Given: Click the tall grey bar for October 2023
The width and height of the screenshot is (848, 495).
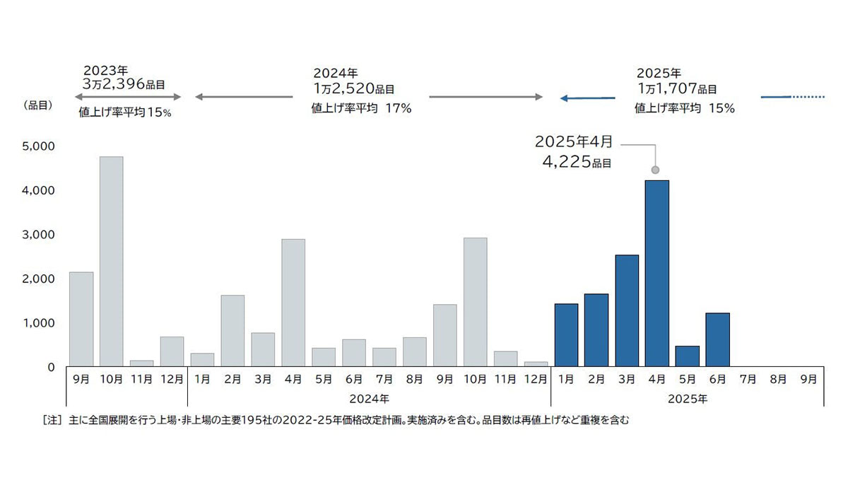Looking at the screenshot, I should tap(111, 262).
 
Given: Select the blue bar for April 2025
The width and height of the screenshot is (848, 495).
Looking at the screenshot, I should tap(656, 274).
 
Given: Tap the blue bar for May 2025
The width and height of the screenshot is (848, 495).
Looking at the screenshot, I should tap(687, 356).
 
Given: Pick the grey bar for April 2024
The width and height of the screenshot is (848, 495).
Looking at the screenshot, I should tap(293, 303).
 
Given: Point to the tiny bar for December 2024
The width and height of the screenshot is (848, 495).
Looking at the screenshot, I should tap(536, 364).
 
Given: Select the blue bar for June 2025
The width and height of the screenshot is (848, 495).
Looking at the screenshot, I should tap(717, 340).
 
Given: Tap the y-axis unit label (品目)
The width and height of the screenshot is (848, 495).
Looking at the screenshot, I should tap(40, 105).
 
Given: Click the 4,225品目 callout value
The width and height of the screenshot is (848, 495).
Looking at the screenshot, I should tap(576, 161).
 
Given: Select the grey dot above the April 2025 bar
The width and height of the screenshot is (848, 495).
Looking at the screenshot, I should tap(655, 170).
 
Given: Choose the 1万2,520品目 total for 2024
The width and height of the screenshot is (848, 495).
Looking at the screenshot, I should tap(353, 89).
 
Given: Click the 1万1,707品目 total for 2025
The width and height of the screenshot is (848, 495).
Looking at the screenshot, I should tap(676, 89).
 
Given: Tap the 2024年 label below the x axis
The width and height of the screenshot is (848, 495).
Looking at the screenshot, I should tap(369, 399).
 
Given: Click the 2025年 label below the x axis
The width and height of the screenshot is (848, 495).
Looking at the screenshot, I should tap(688, 399).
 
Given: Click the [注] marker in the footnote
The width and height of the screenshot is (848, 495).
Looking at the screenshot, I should tap(52, 420).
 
